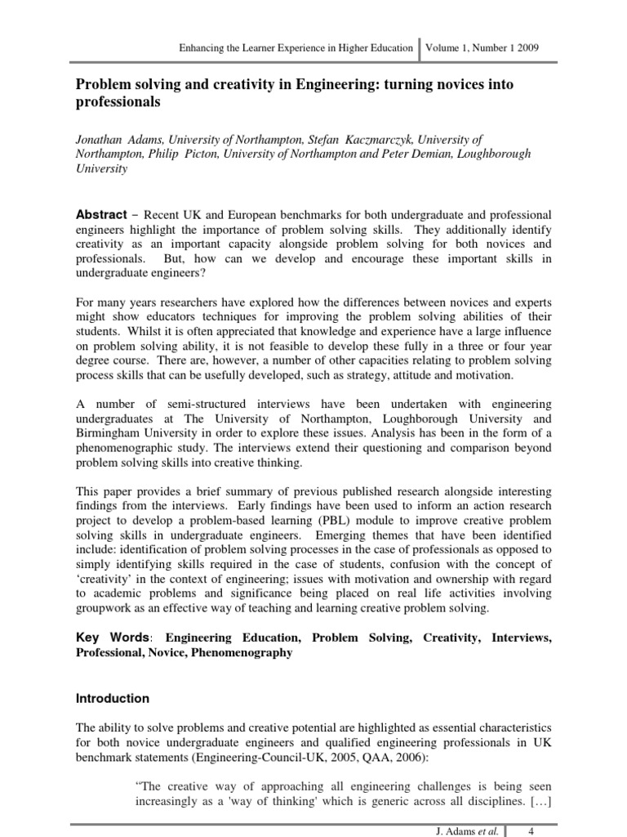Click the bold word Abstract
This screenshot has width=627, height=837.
101,214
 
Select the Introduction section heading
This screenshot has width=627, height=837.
113,699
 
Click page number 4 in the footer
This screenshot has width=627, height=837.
531,830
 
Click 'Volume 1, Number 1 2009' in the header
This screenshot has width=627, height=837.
482,48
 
